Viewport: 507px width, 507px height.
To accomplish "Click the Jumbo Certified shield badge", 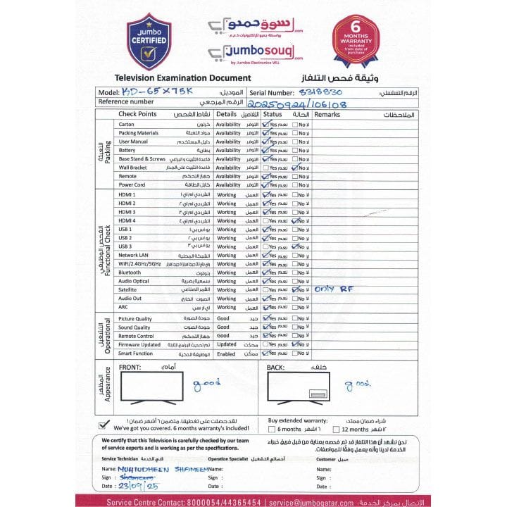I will point(148,42).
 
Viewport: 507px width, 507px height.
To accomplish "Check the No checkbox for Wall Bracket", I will point(294,168).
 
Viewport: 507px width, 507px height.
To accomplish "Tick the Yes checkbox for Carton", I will point(265,124).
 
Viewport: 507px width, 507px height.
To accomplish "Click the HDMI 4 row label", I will point(127,221).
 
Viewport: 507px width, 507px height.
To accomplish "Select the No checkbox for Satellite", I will point(294,289).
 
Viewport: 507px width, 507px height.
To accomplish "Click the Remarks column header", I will point(327,114).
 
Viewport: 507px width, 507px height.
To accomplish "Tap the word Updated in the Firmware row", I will point(227,344).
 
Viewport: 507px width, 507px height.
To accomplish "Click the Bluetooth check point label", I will point(130,273).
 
